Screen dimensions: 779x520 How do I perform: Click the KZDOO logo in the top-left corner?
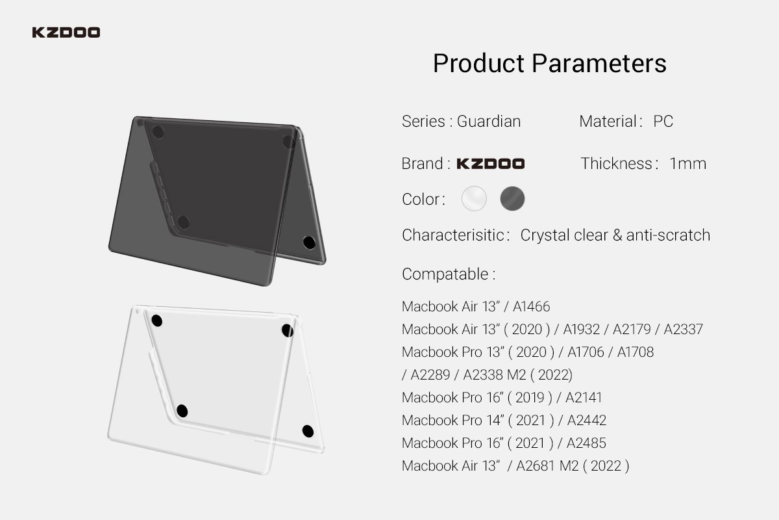[66, 32]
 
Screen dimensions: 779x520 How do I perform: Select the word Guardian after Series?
[489, 122]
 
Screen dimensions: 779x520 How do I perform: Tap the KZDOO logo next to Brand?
[490, 164]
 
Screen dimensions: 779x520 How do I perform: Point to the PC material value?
[663, 122]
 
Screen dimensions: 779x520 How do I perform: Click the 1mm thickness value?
[688, 164]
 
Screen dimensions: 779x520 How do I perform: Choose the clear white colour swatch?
[474, 198]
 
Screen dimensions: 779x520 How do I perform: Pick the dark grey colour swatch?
[512, 198]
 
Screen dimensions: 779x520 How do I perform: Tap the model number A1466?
[532, 307]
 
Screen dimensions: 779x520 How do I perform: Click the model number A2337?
[683, 330]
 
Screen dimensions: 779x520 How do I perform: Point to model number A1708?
[636, 352]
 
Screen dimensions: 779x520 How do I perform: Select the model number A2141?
[584, 398]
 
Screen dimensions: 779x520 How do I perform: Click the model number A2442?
[587, 421]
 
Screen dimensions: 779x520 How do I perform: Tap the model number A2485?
[586, 443]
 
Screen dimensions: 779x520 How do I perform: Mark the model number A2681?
[536, 466]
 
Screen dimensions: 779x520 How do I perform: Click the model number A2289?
[430, 375]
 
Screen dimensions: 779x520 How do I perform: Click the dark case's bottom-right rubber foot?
[309, 242]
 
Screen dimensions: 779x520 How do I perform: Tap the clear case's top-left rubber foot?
[157, 321]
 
